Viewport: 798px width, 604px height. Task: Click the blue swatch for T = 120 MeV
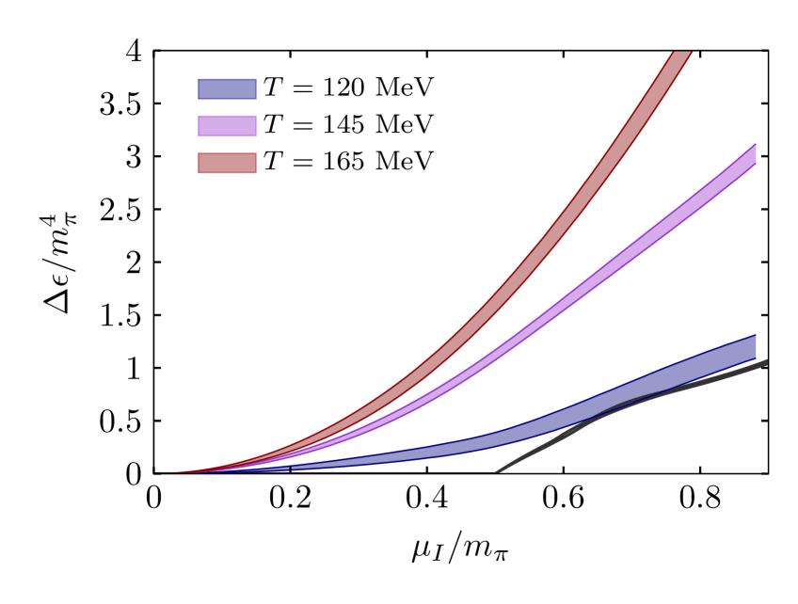[227, 89]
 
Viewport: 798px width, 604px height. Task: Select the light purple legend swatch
[227, 126]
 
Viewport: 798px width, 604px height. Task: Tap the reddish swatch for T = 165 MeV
[227, 163]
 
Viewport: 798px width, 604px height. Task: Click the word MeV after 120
[405, 88]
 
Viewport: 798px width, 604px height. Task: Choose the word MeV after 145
[405, 125]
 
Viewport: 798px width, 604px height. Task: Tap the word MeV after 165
[405, 162]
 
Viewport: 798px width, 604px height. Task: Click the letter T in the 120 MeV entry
[272, 88]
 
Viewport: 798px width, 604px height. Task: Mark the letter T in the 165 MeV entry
[272, 162]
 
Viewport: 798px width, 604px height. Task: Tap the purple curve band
[612, 263]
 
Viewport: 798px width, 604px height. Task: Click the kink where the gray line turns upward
[496, 471]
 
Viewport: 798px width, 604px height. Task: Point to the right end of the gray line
[765, 362]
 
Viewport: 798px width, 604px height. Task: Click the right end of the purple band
[754, 156]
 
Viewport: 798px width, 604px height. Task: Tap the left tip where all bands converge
[158, 472]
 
